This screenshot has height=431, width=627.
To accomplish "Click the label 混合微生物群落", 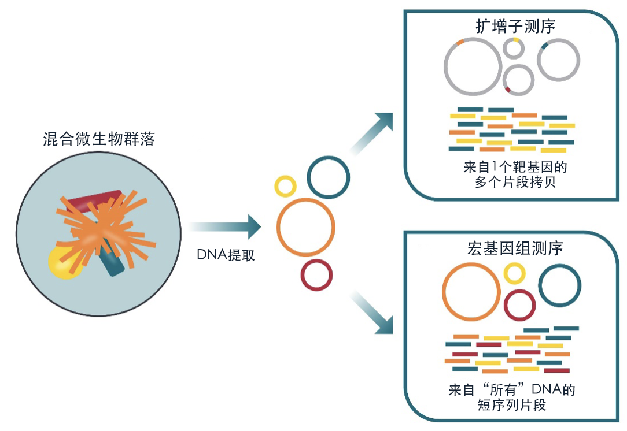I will click(x=99, y=139).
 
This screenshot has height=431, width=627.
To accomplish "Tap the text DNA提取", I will click(x=226, y=255).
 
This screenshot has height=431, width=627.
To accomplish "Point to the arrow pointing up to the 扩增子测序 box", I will click(x=373, y=133).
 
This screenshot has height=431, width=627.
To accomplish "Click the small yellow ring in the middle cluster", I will click(x=285, y=186).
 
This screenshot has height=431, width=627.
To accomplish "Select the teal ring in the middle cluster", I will click(x=329, y=176).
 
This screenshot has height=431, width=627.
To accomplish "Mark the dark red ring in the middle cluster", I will click(x=317, y=275).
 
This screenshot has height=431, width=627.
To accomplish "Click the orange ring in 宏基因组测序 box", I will click(x=471, y=292).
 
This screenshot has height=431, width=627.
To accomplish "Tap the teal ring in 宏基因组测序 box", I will click(x=559, y=287).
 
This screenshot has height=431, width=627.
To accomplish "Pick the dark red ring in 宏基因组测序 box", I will click(x=519, y=305).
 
